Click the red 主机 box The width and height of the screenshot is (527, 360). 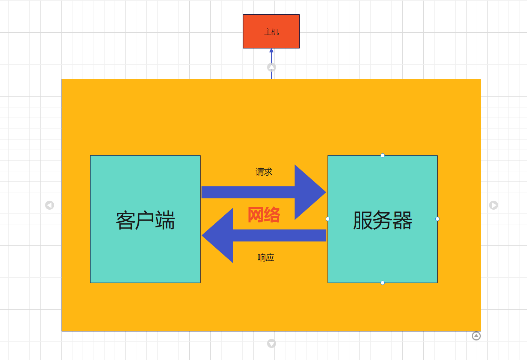(271, 32)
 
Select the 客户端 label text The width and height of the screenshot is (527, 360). (145, 220)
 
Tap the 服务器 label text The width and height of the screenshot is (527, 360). (382, 220)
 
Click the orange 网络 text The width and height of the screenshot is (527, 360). (264, 215)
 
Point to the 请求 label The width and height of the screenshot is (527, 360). (264, 172)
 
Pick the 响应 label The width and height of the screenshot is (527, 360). (266, 258)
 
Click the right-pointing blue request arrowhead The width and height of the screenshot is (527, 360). (309, 192)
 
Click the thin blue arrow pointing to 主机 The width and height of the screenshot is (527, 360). (271, 56)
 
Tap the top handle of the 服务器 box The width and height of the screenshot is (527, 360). (382, 155)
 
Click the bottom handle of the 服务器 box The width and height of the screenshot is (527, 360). (382, 283)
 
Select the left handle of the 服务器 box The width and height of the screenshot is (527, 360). (328, 219)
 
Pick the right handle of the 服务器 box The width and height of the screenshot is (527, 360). (437, 219)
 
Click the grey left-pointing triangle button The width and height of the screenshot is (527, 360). (50, 205)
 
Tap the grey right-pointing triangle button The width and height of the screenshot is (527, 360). (494, 205)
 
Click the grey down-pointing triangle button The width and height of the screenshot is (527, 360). (272, 343)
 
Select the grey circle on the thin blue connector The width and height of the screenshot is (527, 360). (272, 67)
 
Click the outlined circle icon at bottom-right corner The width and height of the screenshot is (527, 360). (476, 336)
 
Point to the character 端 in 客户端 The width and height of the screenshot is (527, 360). (165, 220)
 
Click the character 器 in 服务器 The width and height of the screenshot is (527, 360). (402, 220)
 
